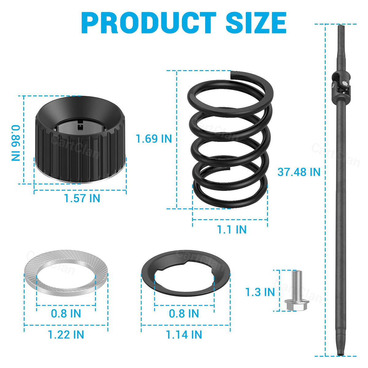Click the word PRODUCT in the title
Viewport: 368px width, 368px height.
[149, 23]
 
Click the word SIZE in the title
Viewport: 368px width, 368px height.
[256, 23]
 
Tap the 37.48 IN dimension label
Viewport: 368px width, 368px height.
[299, 172]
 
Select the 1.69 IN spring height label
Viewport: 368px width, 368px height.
[154, 139]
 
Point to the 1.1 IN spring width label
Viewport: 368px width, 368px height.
[232, 229]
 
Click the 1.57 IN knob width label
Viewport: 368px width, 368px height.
[82, 198]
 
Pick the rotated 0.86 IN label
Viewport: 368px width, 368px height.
[16, 143]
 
